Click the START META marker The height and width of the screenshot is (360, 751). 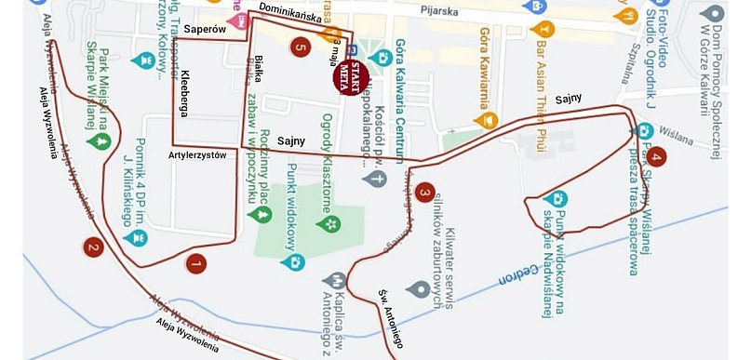click(x=350, y=74)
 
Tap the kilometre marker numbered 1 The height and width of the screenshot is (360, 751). click(x=195, y=264)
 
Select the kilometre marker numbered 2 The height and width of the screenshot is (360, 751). click(x=92, y=247)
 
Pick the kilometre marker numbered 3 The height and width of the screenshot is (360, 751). click(x=424, y=193)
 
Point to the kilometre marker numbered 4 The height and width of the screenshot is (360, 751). click(x=657, y=157)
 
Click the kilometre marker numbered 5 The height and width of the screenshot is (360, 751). click(x=299, y=46)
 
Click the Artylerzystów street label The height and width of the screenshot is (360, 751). click(x=199, y=155)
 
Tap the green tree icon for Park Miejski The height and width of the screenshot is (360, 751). click(x=97, y=142)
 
